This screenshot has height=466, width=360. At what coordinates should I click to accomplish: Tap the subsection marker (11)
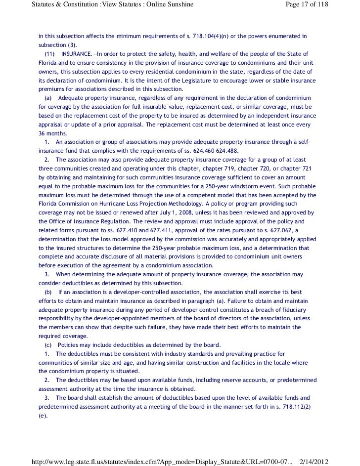[x=49, y=53]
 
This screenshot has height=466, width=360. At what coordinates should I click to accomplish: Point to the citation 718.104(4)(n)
[x=218, y=37]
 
